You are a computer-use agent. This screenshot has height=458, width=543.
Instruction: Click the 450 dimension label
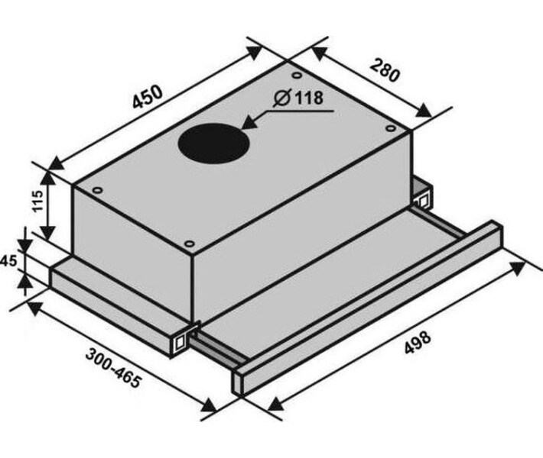(147, 97)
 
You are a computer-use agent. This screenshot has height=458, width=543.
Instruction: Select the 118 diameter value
(309, 98)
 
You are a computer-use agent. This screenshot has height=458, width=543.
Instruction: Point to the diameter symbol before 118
(282, 98)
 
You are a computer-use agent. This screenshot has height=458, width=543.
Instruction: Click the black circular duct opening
(213, 143)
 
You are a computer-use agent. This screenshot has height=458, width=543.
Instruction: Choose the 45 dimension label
(8, 261)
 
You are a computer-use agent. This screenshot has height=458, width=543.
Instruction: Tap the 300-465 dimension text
(114, 368)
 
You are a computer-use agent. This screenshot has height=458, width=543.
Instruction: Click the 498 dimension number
(418, 342)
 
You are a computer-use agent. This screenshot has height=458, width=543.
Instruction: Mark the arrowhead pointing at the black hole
(250, 122)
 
